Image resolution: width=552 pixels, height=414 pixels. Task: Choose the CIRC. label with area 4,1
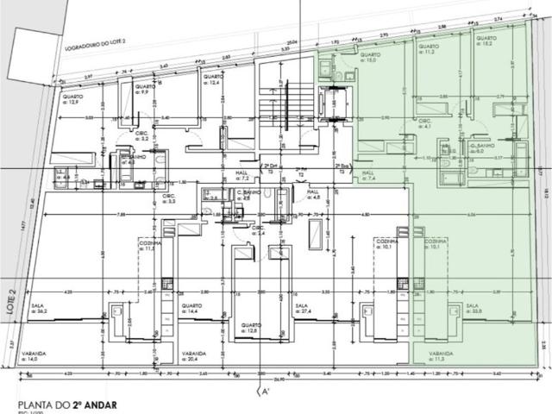(425, 122)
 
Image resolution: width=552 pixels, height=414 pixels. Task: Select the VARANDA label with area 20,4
(193, 354)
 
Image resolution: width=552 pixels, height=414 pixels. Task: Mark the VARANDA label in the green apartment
(429, 354)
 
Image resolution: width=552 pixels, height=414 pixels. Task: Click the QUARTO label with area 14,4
(191, 308)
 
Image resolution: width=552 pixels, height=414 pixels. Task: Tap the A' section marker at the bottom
(268, 391)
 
